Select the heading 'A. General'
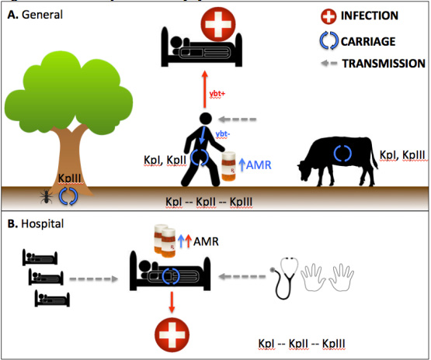(35, 14)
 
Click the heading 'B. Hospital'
(36, 223)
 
